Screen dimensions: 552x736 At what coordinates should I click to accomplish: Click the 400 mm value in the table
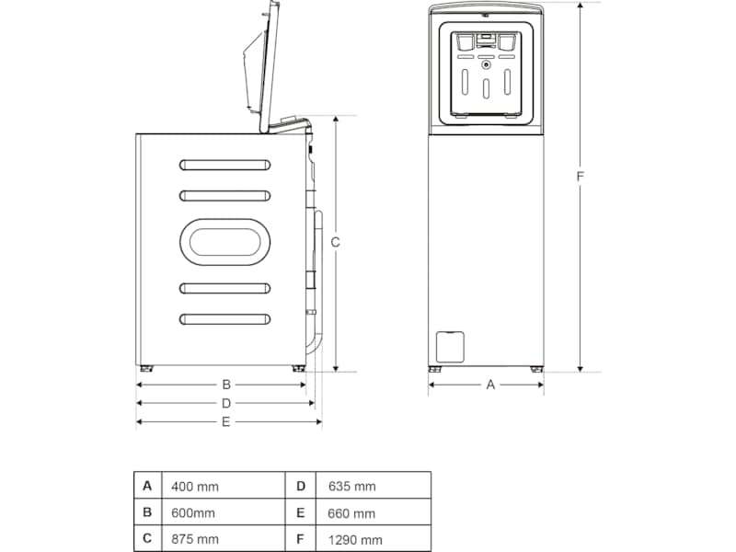(194, 486)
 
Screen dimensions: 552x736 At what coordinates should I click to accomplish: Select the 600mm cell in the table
(192, 512)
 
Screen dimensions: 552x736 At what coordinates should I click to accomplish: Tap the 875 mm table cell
(194, 539)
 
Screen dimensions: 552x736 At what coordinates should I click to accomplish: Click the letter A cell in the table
(146, 485)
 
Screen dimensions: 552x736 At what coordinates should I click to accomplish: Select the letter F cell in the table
(300, 539)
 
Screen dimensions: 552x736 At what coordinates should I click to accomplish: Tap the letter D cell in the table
(300, 485)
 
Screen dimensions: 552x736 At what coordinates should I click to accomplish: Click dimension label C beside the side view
(336, 243)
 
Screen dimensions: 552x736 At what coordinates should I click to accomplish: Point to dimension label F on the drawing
(581, 175)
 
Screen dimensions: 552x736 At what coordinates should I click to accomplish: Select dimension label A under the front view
(490, 385)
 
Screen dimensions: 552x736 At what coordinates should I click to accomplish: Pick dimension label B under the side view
(225, 385)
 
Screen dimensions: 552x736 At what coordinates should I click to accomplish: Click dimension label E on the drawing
(225, 422)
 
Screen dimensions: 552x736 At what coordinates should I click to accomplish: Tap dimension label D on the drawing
(225, 403)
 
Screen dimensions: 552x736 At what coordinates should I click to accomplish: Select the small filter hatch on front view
(449, 346)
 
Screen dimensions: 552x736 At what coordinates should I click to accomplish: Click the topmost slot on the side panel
(224, 165)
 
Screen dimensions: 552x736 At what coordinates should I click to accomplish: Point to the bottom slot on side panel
(224, 318)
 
